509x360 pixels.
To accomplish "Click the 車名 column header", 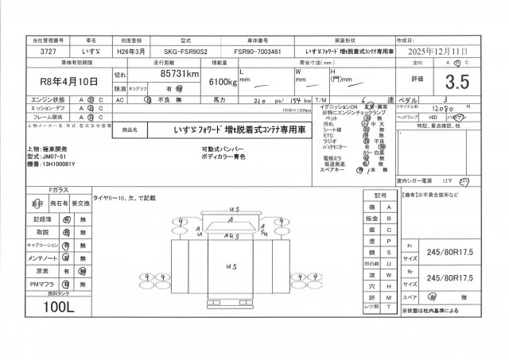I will pos(90,38).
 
